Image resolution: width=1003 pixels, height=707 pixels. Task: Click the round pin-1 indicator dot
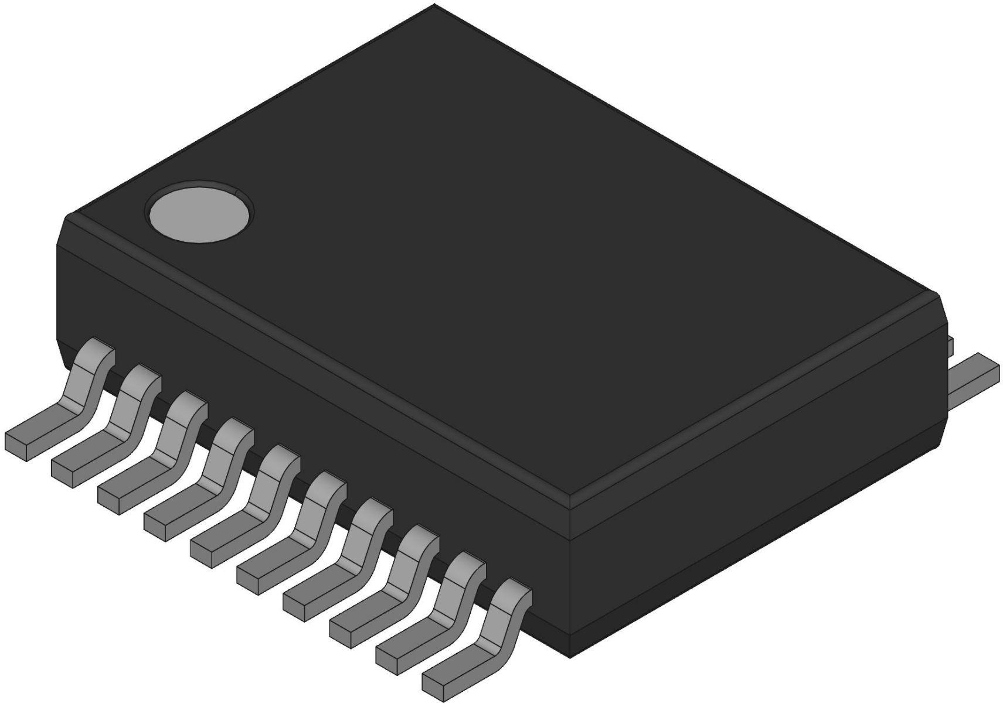click(x=200, y=212)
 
